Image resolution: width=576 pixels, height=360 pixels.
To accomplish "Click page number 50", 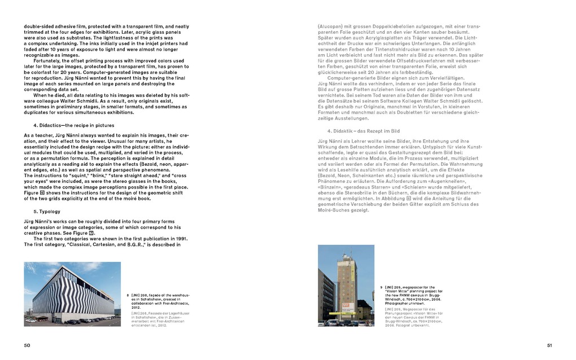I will click(27, 345).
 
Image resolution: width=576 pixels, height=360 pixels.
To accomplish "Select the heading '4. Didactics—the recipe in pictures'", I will click(73, 125).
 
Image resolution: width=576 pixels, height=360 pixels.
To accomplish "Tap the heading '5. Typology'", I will click(47, 212).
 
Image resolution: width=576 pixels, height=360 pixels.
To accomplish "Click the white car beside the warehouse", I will click(32, 320).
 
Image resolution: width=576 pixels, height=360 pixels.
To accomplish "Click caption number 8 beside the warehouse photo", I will click(128, 295).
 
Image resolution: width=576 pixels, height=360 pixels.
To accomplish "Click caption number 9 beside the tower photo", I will click(381, 287).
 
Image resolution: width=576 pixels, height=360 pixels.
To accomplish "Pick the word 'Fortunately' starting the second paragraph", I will click(47, 60).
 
